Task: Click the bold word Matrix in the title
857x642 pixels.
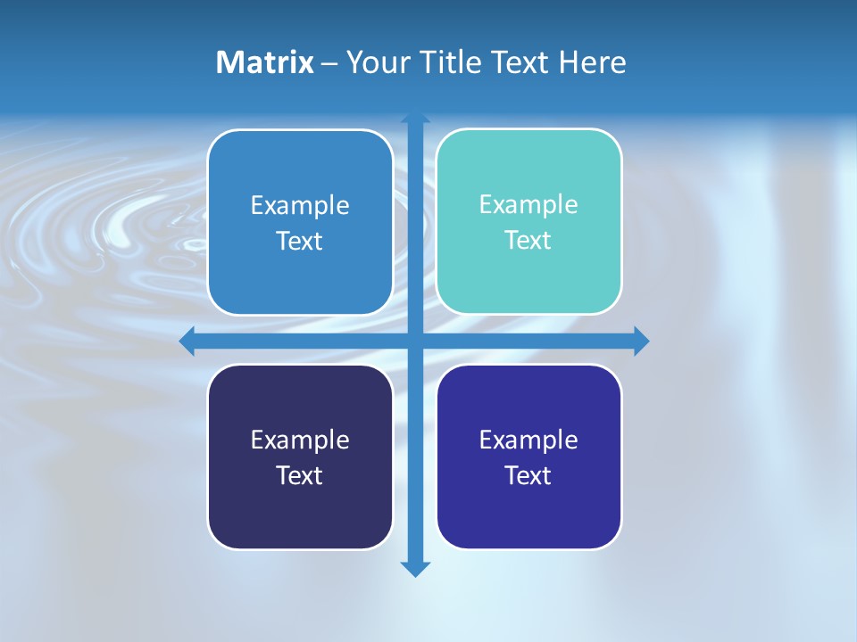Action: coord(264,62)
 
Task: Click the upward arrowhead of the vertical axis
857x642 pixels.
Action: coord(415,119)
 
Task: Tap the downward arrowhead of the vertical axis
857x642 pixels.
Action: coord(415,569)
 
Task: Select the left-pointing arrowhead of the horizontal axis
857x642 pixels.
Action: coord(187,341)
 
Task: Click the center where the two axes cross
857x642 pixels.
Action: coord(415,341)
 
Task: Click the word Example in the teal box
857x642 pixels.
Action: coord(528,204)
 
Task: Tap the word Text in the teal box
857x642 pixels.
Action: coord(528,240)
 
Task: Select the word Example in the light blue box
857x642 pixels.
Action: coord(300,205)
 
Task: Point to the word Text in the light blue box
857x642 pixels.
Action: coord(300,241)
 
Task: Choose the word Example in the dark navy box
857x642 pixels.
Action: coord(300,440)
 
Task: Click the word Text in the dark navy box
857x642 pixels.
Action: coord(300,475)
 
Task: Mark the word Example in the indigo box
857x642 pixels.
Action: coord(528,440)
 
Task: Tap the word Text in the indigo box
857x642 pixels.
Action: coord(528,475)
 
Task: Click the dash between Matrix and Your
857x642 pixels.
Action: coord(329,63)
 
